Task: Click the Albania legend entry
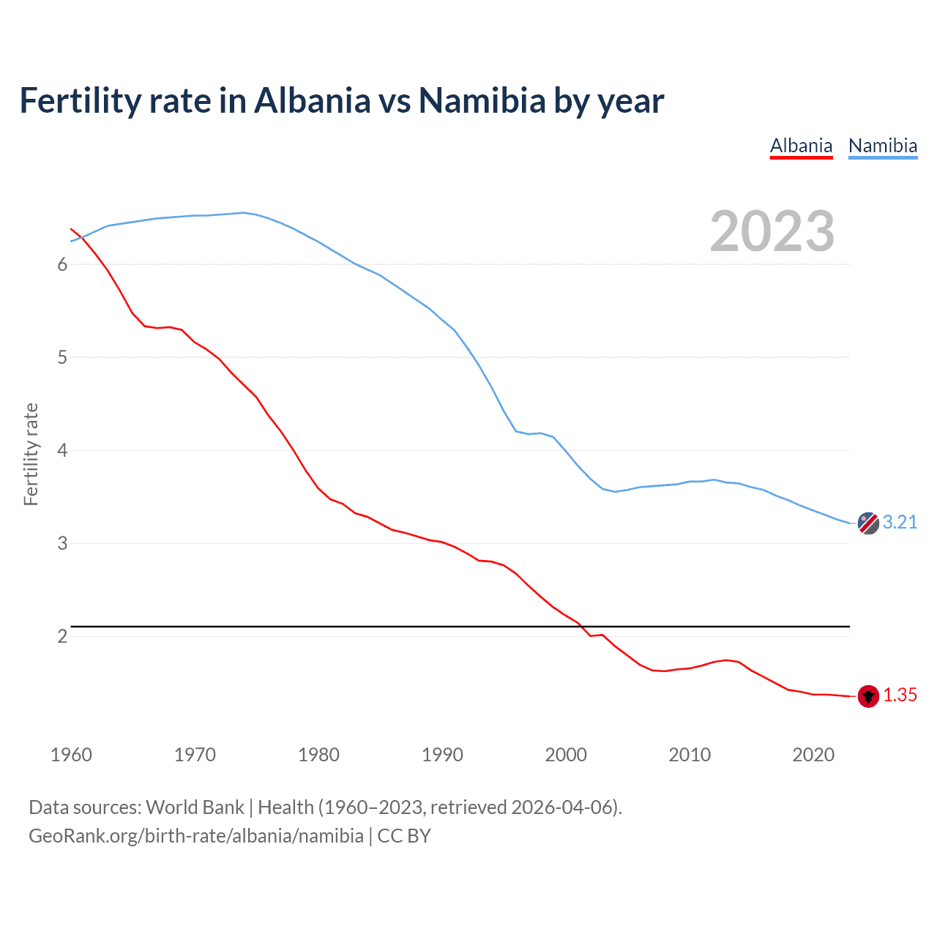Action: [x=801, y=146]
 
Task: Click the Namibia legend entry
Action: [x=882, y=146]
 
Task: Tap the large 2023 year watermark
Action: [x=772, y=231]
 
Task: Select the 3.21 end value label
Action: [x=900, y=522]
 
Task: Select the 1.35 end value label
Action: [x=900, y=695]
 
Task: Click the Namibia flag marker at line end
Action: [x=868, y=523]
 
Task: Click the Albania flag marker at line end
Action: [x=868, y=696]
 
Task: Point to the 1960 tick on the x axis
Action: [x=71, y=755]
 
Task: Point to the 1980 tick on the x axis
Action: [x=318, y=755]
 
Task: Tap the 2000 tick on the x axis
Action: [x=566, y=755]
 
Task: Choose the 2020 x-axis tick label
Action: [x=813, y=755]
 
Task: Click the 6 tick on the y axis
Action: [x=62, y=265]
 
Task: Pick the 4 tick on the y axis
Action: [x=62, y=450]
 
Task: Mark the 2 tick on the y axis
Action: [x=62, y=636]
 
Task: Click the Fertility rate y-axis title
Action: [x=31, y=454]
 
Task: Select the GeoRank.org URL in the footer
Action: [x=196, y=836]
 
